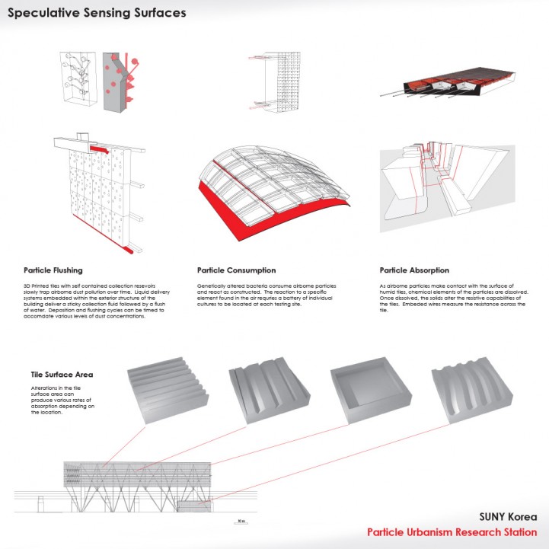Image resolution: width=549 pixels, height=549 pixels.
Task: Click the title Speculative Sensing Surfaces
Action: tap(97, 14)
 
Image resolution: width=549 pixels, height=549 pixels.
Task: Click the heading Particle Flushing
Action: tap(53, 270)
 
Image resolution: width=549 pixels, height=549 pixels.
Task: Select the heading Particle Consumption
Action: tap(236, 270)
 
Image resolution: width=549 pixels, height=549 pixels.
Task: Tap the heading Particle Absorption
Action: tap(414, 270)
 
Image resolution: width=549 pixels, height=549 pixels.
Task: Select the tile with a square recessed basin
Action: tap(364, 391)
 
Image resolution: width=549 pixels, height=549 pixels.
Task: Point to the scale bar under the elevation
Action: tap(240, 522)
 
